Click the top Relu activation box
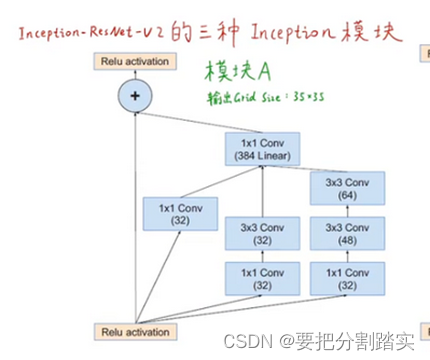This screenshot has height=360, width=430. tap(132, 61)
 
